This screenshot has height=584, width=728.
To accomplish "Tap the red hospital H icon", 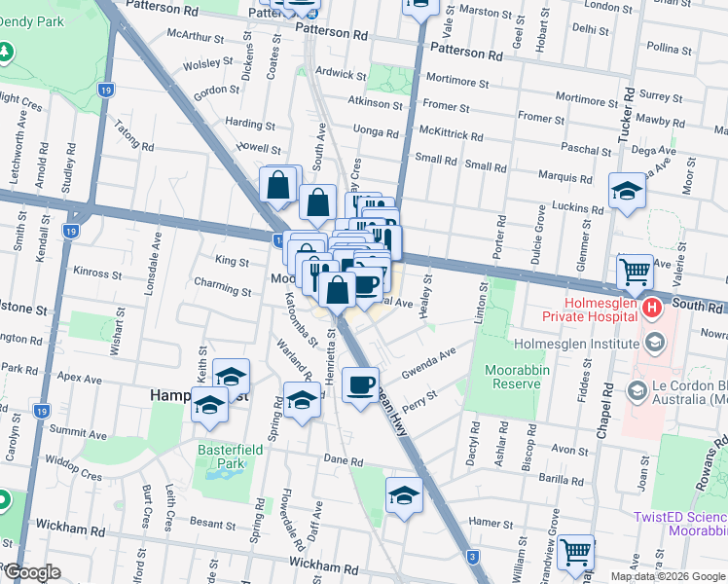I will point(651,310).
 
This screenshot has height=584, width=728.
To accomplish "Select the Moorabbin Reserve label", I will point(504,377).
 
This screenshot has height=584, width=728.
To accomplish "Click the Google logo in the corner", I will point(32,572).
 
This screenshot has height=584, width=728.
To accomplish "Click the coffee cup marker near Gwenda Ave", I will point(361,385).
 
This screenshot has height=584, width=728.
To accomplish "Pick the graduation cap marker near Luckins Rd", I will point(627,193).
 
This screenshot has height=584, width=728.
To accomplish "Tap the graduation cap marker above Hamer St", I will point(404,496).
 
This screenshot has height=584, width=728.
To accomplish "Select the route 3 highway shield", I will point(472,557).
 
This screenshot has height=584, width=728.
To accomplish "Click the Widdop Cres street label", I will point(78,474).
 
